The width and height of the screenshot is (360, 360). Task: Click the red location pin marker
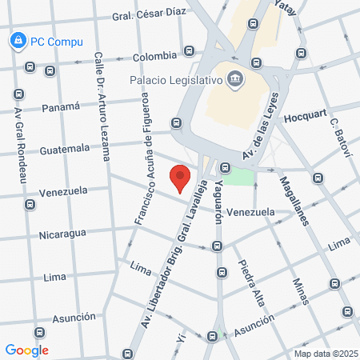tap(181, 178)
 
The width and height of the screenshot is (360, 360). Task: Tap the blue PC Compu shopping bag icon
tap(17, 39)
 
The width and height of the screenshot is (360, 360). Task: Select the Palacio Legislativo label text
tap(176, 79)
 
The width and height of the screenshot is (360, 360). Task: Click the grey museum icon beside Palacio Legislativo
tap(235, 78)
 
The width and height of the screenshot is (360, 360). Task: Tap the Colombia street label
tap(154, 56)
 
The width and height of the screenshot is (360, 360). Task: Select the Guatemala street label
tap(66, 149)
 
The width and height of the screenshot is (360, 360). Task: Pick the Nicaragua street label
tap(62, 234)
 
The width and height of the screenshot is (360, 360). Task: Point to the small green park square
tap(238, 176)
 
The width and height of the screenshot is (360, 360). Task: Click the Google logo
tap(26, 350)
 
